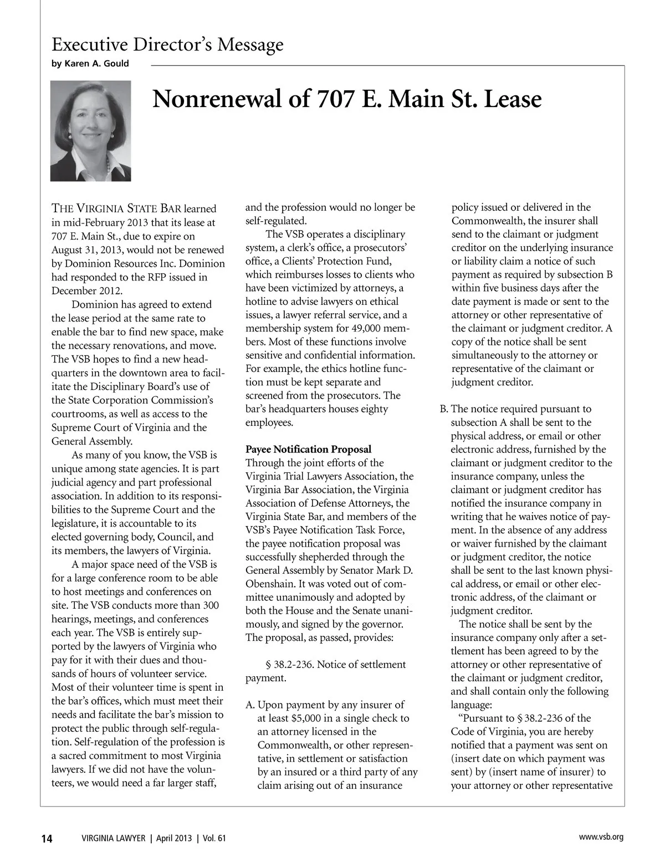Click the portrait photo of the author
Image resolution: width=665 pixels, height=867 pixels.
[x=91, y=131]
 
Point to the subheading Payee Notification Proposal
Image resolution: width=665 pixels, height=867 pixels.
[x=308, y=449]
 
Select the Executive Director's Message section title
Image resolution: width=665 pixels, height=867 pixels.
[x=167, y=44]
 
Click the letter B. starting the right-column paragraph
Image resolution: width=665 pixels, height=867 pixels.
[x=444, y=409]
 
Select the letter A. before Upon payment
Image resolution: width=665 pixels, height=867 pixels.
[x=250, y=705]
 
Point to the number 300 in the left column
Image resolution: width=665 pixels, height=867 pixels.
[x=211, y=605]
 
